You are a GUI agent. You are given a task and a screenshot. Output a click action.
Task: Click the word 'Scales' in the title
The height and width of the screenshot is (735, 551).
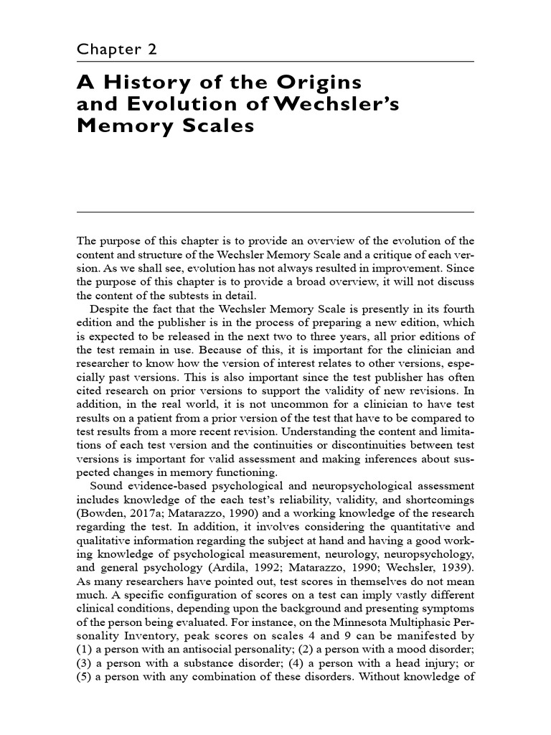[x=220, y=126]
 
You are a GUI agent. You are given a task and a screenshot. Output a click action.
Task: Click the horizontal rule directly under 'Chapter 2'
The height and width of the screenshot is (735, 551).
[x=275, y=62]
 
